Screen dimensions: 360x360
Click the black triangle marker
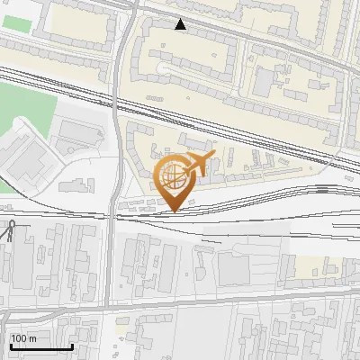click(182, 24)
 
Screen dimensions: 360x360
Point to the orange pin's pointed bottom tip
click(175, 211)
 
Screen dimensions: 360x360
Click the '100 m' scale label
click(23, 338)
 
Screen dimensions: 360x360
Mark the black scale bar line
click(40, 346)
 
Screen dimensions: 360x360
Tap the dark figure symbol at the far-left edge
click(9, 231)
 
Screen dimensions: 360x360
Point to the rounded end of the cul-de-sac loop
click(162, 68)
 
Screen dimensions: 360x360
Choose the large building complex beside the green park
click(31, 162)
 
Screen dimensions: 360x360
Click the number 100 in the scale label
click(18, 338)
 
